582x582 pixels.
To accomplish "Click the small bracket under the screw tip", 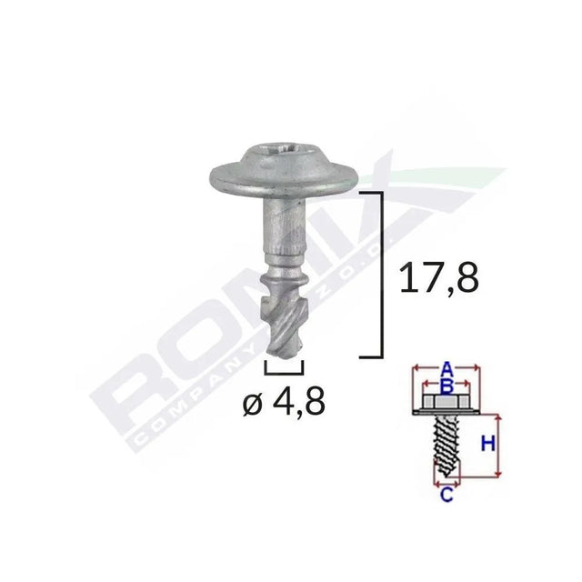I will pos(284,366).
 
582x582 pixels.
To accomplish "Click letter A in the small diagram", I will pos(446,369).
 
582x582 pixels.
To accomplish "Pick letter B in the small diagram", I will pos(446,385).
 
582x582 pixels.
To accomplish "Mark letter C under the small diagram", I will pos(447,496).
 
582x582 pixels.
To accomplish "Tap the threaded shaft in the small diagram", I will pos(446,446).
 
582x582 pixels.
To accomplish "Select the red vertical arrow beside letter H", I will pos(499,445).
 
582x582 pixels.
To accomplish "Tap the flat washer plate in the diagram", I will pos(446,414).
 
